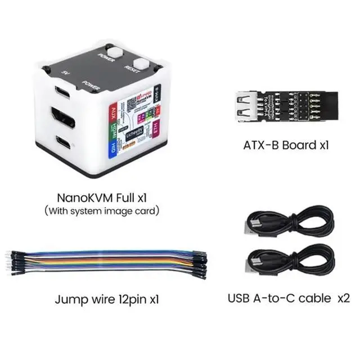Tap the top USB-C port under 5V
tap(62, 91)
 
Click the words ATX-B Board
tap(280, 145)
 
